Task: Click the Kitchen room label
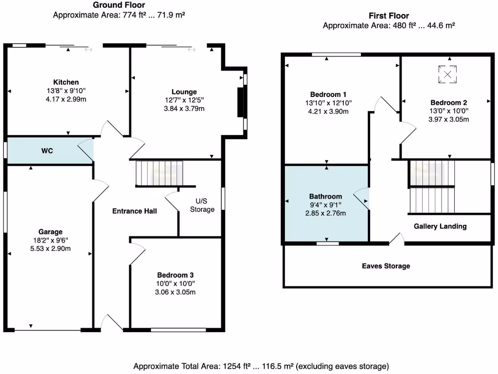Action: click(66, 82)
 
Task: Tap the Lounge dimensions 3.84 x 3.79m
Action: click(184, 109)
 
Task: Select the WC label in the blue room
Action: click(47, 151)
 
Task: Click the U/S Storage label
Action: click(202, 205)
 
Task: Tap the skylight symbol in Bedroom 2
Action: click(447, 75)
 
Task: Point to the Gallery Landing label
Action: click(440, 226)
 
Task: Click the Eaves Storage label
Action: click(386, 266)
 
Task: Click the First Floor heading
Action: click(389, 16)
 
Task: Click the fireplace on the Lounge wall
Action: click(240, 102)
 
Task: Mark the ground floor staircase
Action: click(159, 173)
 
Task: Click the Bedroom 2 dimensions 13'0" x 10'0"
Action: click(448, 111)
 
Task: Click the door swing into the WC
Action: click(86, 149)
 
